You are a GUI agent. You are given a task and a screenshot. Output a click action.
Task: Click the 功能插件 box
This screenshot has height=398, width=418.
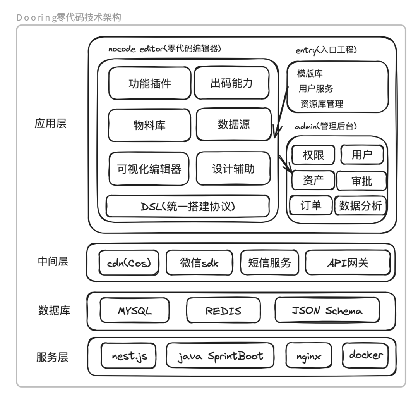point(150,83)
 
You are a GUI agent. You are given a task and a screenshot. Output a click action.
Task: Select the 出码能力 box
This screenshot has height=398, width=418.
point(231,83)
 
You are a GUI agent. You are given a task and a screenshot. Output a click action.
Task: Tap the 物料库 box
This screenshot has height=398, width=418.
point(149,125)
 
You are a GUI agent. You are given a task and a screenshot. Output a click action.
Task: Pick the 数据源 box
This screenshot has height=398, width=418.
point(233,124)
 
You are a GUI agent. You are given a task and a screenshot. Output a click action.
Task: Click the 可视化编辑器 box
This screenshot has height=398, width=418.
point(149,169)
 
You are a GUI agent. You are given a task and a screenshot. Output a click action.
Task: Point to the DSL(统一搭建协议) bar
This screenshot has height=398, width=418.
point(188,206)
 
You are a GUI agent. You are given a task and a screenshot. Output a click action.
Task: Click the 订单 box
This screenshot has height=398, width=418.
point(311,205)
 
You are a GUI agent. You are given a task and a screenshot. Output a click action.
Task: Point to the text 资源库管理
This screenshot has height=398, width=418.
point(322,104)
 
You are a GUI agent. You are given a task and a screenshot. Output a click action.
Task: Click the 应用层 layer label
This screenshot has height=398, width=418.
point(51,124)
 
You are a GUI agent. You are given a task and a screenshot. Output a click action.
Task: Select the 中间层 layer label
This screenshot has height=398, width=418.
point(53,262)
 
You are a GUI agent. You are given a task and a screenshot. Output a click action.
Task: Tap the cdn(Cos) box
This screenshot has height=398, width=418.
point(129,263)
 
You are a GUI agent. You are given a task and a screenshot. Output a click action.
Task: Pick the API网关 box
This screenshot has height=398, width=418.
point(347,263)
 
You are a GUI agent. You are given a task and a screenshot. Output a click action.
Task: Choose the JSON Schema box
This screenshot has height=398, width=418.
point(327,311)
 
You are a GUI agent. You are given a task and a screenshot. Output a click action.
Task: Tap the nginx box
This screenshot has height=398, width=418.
point(309,356)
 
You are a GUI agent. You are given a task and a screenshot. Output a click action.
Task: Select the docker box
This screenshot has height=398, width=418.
point(365,355)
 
